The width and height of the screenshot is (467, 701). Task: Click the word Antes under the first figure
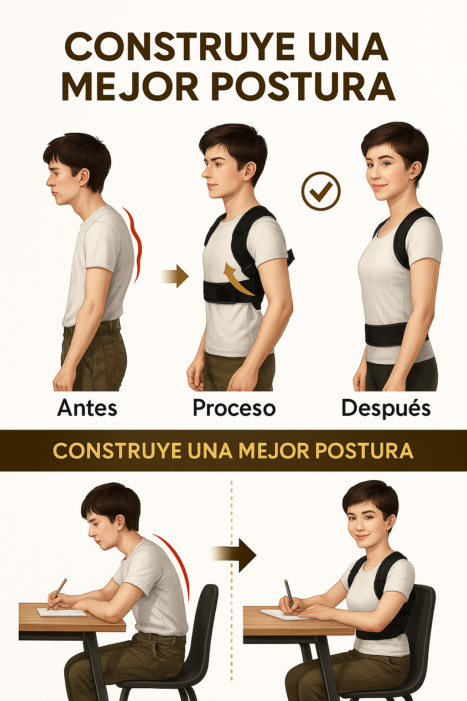click(87, 408)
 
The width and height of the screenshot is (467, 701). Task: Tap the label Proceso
click(234, 408)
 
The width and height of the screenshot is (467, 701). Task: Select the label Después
click(386, 408)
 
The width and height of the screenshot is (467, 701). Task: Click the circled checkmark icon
click(321, 191)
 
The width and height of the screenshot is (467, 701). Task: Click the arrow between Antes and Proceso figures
click(176, 276)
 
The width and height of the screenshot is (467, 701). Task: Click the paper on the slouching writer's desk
click(62, 612)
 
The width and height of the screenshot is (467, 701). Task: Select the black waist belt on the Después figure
click(388, 335)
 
